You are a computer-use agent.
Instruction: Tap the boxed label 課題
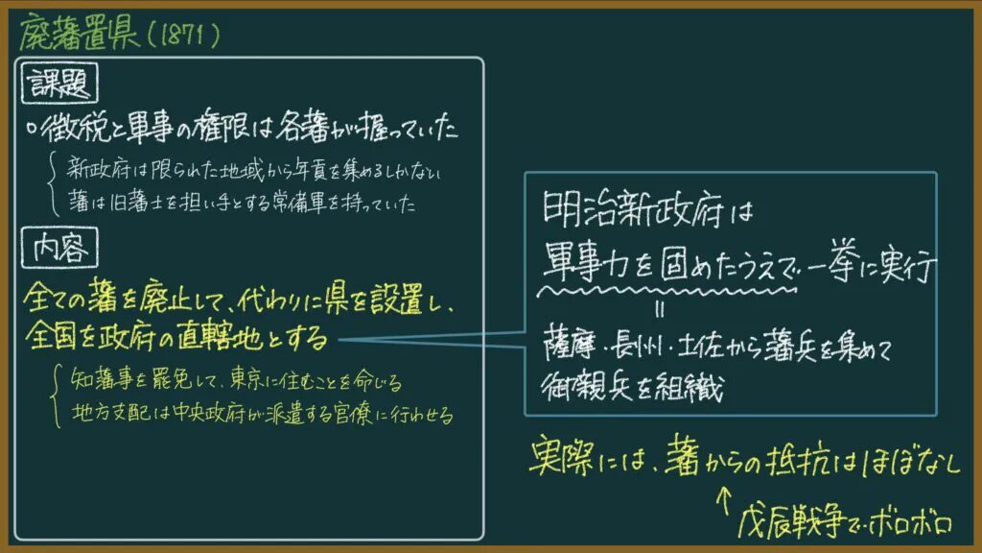coord(59,83)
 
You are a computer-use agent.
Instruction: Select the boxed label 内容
coord(59,248)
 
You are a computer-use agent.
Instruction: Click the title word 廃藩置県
coord(79,33)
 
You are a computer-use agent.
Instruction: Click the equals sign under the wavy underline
coord(659,309)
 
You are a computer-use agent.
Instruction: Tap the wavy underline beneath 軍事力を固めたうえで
coord(667,292)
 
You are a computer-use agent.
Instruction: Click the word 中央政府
coord(208,413)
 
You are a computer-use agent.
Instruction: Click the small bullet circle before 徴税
coord(32,129)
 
